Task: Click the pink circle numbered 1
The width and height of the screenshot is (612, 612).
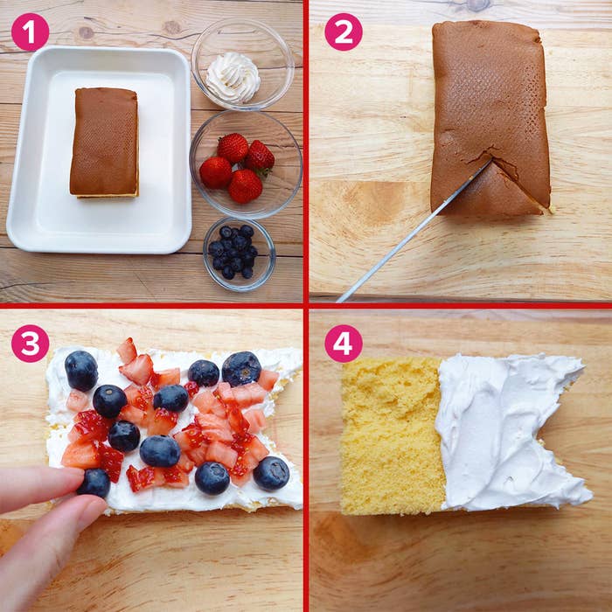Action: (x=31, y=32)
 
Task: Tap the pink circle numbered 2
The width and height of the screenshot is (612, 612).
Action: (x=344, y=32)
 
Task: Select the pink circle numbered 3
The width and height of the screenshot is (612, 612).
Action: (x=31, y=344)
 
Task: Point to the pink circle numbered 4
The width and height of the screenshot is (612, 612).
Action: (x=344, y=344)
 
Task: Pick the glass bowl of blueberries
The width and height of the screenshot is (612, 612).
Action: (x=240, y=254)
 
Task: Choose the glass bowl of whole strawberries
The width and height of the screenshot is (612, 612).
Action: (x=246, y=164)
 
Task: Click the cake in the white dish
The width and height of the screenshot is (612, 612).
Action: (x=105, y=143)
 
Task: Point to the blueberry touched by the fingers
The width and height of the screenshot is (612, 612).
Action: (x=94, y=483)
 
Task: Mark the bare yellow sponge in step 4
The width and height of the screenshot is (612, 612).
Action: (x=393, y=435)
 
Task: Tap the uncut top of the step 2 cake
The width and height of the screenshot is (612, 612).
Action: (x=490, y=98)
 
